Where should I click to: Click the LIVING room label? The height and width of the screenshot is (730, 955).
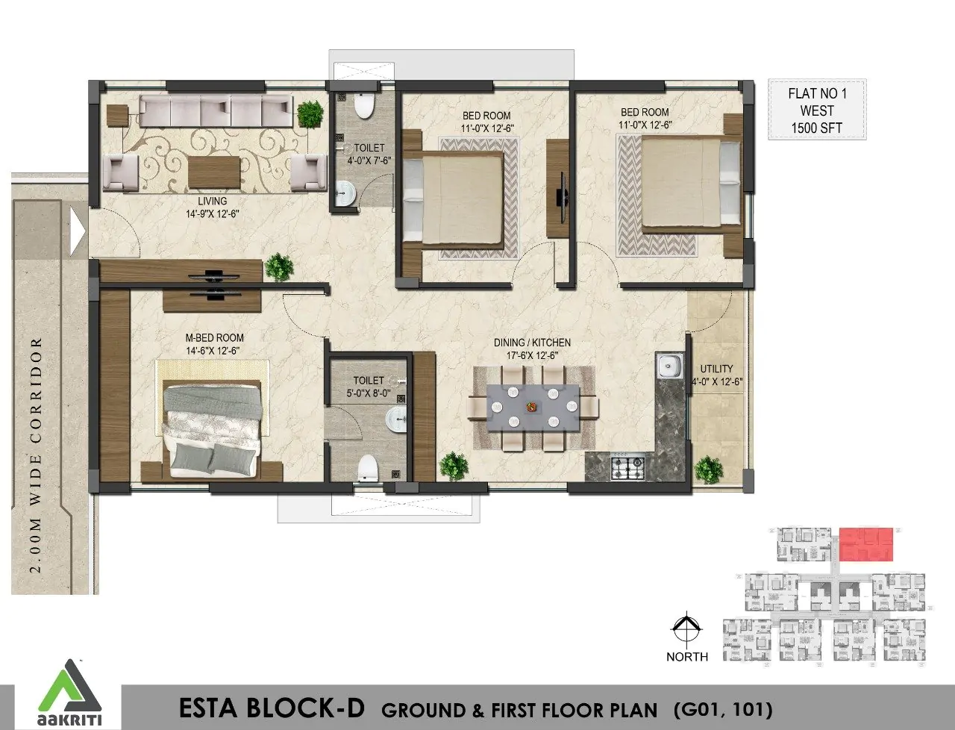tap(213, 201)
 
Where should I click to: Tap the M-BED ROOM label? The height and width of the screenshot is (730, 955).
tap(214, 338)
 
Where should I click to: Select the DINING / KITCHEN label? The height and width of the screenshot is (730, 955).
tap(532, 343)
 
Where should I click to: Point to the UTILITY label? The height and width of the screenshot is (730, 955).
tap(716, 369)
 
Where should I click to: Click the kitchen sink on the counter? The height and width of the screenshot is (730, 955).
tap(669, 366)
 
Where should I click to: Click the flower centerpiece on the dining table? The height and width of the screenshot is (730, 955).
tap(531, 407)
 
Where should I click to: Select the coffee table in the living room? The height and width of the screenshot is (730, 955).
tap(214, 172)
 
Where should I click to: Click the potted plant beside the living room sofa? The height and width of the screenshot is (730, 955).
tap(310, 113)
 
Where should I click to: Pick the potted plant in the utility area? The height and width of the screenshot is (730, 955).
tap(708, 469)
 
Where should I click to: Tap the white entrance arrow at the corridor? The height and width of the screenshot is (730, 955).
tap(78, 231)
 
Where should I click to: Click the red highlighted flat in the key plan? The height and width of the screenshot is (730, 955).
tap(865, 544)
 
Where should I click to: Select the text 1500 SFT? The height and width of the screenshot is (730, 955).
tap(817, 128)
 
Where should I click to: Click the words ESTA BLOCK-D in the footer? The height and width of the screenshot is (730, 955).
tap(272, 708)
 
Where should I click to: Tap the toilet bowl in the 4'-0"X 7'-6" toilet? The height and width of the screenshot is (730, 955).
tap(364, 105)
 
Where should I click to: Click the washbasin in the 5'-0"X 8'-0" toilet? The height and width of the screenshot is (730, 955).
tap(396, 419)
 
